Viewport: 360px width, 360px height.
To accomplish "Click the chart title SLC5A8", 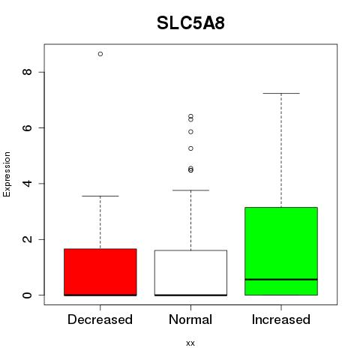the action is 190,23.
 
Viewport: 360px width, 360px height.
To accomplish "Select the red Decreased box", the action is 100,272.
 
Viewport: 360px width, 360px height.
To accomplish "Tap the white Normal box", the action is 190,273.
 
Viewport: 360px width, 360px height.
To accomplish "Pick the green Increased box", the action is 281,251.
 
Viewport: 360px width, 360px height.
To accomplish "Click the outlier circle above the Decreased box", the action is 100,54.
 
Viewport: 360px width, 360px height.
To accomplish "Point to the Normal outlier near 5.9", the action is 190,132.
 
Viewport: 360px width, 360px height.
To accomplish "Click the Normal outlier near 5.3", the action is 190,148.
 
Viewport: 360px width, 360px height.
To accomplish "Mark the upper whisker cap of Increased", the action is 281,93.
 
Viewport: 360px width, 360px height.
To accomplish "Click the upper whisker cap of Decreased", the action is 100,196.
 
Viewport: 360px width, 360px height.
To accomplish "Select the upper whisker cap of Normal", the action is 190,190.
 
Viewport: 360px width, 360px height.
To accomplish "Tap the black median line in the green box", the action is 281,280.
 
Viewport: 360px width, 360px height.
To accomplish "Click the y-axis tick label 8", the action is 27,72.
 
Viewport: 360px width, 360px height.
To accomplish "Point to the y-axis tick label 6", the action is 27,127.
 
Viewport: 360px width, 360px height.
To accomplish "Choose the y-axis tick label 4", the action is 27,184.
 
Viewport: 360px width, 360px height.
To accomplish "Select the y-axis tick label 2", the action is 27,239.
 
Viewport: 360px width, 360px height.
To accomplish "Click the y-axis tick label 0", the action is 27,295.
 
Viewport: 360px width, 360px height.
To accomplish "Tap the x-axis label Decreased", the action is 100,319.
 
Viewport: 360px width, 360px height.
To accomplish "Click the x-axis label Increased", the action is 281,319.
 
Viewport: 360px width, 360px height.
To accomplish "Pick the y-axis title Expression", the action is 7,174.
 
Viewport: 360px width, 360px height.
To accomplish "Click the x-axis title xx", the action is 190,343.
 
